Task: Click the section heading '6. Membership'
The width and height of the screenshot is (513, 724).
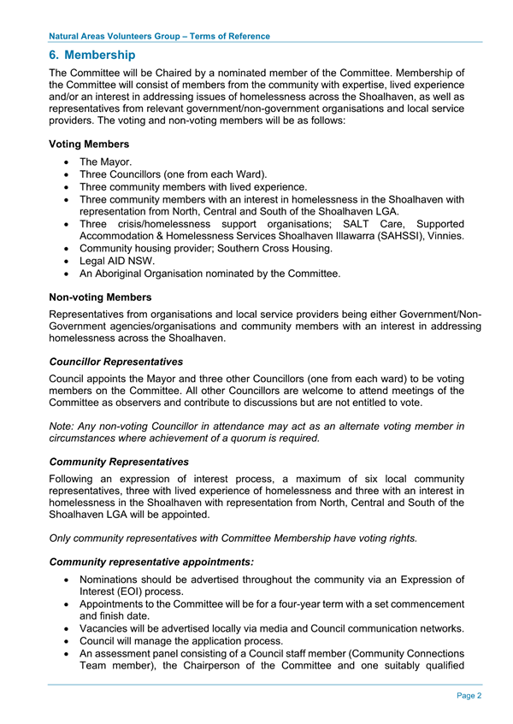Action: pos(92,56)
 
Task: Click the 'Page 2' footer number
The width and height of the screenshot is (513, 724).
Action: pos(468,696)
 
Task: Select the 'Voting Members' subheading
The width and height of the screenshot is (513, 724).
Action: pos(90,144)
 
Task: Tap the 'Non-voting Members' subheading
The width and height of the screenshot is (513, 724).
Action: pos(101,297)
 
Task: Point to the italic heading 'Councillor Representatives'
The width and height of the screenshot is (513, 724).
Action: pos(116,362)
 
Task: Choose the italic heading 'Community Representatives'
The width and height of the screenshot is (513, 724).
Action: pos(120,462)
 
